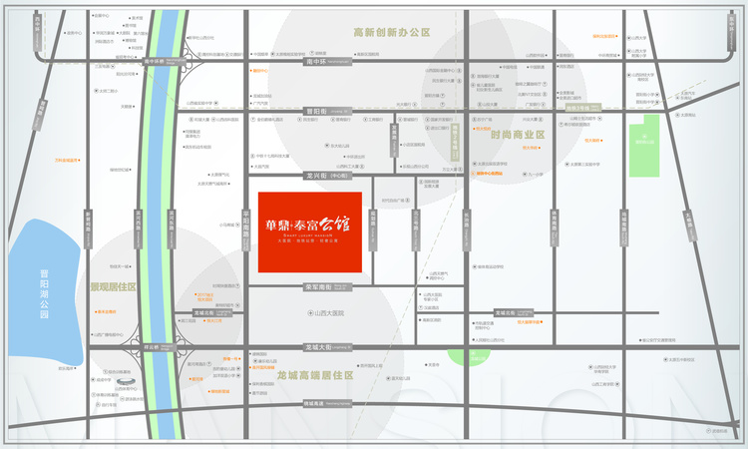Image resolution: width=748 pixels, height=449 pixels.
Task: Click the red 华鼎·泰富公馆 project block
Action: click(x=310, y=230)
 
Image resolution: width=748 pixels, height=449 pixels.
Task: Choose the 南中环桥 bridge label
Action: click(x=156, y=60)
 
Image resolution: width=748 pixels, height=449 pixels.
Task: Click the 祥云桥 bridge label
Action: click(x=153, y=346)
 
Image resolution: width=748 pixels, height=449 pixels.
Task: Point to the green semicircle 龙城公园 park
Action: click(x=469, y=355)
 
